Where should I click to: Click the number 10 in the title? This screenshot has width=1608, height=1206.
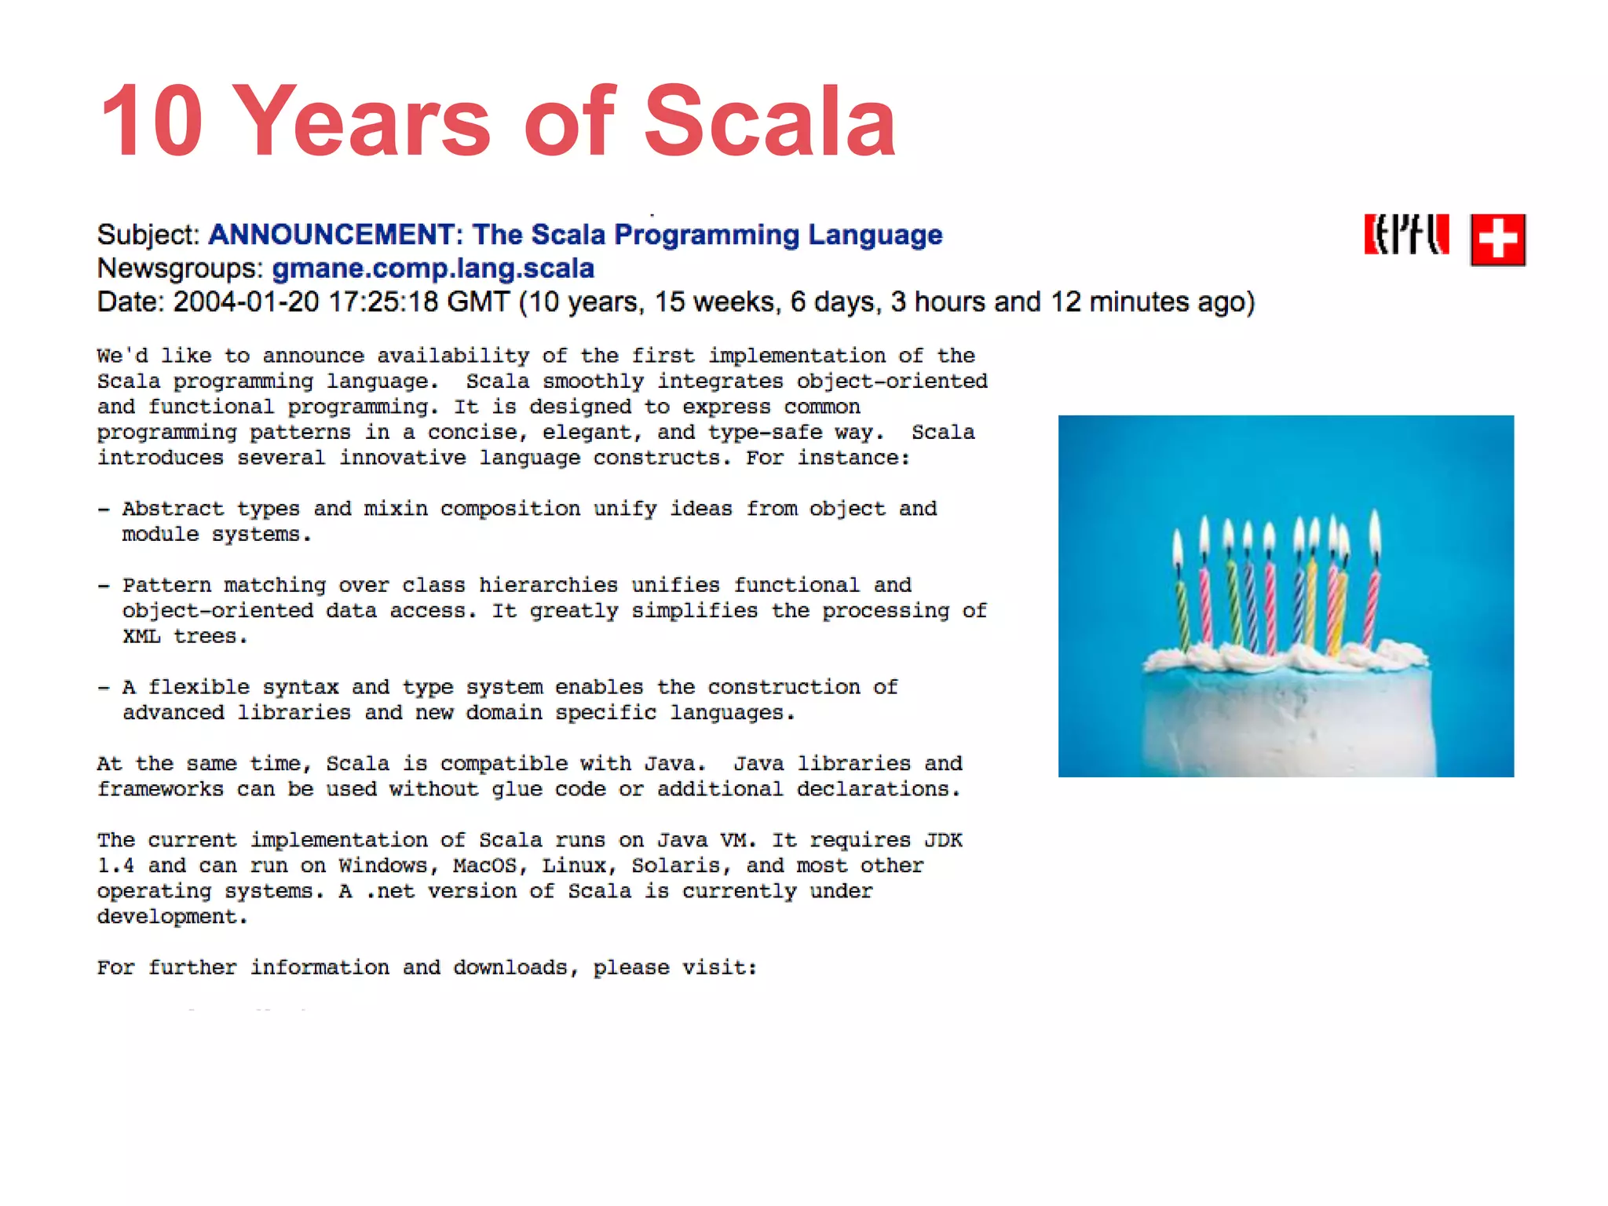point(152,122)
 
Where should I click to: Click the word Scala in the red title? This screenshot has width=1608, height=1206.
point(769,122)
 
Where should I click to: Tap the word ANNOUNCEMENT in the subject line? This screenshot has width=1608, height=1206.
point(331,235)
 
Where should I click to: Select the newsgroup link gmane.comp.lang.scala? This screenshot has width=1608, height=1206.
point(433,269)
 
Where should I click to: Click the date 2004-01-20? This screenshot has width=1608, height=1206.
point(246,302)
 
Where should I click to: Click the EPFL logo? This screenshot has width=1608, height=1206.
point(1405,236)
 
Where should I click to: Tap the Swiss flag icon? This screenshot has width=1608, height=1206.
point(1497,239)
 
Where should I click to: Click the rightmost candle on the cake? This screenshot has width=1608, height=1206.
point(1373,597)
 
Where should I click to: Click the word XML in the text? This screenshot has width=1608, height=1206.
point(141,636)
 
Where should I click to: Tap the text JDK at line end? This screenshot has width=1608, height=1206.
point(943,840)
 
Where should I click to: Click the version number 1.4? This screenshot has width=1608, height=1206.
point(115,865)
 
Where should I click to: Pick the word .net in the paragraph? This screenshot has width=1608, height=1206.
point(389,891)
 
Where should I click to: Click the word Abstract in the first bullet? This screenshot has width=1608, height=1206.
point(173,509)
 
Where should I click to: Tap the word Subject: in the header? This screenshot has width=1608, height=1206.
point(148,235)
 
